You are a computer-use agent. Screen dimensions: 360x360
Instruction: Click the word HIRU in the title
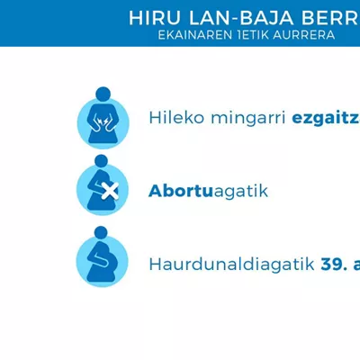[155, 18]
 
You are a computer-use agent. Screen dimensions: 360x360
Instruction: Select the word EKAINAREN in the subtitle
[195, 35]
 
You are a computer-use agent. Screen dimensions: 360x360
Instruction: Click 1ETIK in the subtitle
[253, 35]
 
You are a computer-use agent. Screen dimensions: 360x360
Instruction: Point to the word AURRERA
[304, 35]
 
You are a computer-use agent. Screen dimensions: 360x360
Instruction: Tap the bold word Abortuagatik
[208, 191]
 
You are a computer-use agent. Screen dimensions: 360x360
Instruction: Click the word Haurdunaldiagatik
[231, 265]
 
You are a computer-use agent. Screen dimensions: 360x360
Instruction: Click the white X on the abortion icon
[110, 191]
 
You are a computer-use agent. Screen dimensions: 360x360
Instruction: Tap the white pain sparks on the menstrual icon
[102, 121]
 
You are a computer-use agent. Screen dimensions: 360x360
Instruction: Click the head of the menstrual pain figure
[103, 94]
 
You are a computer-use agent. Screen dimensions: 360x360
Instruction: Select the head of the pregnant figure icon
[101, 233]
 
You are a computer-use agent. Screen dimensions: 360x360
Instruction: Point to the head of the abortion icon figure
[101, 161]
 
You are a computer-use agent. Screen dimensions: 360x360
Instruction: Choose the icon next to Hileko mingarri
[103, 118]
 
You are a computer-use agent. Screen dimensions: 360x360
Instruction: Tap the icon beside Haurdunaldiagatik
[102, 256]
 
